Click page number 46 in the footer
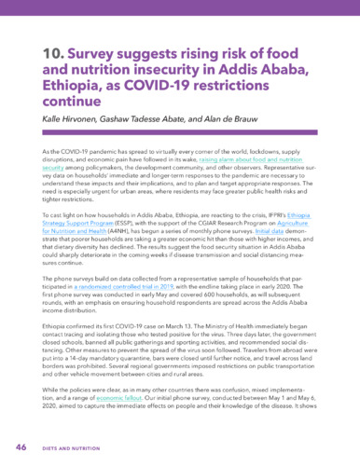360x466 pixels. click(21, 446)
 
